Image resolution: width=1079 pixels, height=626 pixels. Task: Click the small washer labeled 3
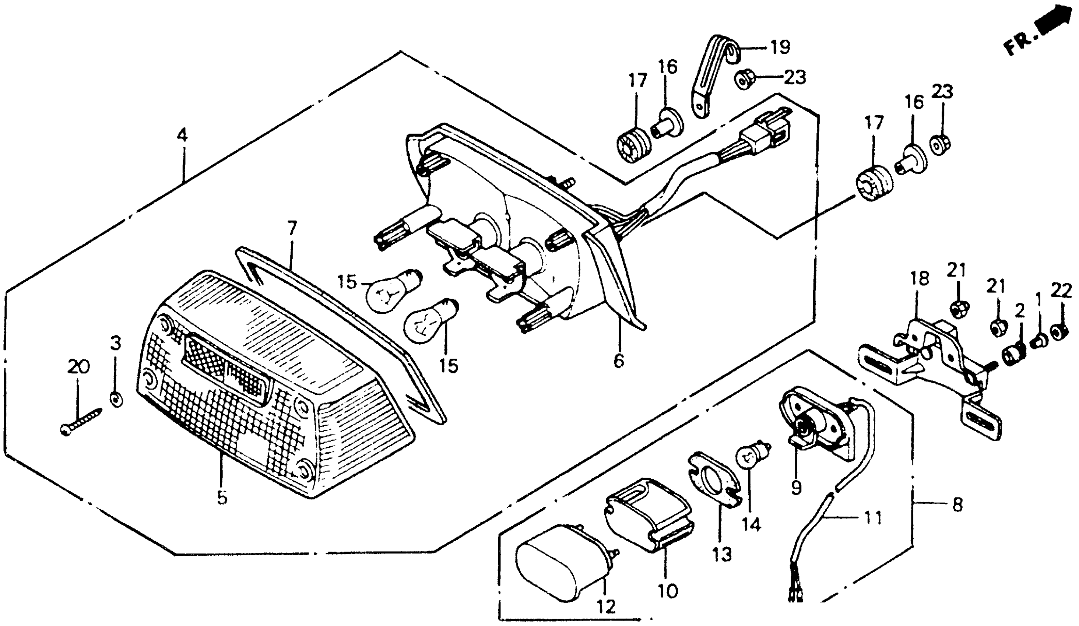coord(116,399)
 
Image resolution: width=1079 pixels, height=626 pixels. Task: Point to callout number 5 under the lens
coord(221,498)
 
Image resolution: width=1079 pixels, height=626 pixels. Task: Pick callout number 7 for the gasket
coord(292,229)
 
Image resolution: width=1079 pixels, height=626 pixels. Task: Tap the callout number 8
coord(957,505)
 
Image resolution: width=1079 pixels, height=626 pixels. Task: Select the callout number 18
coord(920,279)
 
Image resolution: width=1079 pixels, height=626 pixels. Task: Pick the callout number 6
coord(619,361)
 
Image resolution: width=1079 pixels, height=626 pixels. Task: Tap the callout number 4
coord(182,136)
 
